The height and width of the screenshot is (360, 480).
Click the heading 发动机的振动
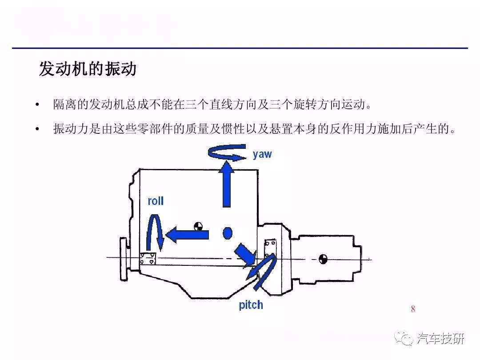[x=88, y=70]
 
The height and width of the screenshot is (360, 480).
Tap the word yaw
[x=262, y=154]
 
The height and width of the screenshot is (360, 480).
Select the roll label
[x=156, y=201]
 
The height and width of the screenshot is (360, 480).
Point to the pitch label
[x=251, y=305]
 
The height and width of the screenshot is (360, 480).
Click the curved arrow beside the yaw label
[x=227, y=152]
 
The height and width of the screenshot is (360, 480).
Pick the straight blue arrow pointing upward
[x=227, y=184]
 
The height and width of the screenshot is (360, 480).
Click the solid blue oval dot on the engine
[x=228, y=233]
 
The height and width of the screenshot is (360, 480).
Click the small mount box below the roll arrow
[x=148, y=259]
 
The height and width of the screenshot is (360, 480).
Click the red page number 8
[x=413, y=309]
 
